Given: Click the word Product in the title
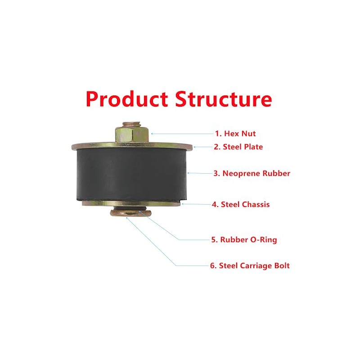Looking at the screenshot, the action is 127,99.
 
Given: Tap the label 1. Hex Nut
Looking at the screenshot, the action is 235,133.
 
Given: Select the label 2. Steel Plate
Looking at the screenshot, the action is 238,147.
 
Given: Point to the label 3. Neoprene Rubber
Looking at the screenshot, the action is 252,173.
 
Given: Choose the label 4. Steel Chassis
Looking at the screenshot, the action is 241,204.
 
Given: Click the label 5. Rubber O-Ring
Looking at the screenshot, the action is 244,240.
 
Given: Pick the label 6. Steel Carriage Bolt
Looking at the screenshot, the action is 250,265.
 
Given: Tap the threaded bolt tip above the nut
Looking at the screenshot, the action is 132,123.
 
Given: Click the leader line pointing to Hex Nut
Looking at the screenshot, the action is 182,133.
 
